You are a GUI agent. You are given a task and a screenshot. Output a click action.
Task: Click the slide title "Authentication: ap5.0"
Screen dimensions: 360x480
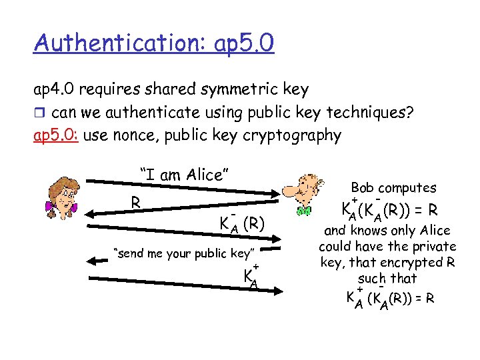(154, 44)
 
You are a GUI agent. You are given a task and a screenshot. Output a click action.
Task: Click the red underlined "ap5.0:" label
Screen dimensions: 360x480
(57, 136)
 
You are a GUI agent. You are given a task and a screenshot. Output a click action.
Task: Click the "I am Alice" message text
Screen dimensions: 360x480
(185, 175)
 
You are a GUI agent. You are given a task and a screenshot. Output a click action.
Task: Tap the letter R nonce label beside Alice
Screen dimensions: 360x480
(135, 201)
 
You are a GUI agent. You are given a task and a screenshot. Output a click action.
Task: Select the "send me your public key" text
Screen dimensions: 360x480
(185, 253)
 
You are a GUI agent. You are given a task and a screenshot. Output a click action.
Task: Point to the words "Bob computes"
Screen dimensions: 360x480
(393, 188)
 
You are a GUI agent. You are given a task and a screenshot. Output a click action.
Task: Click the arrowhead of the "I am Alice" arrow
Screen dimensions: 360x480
(279, 188)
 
